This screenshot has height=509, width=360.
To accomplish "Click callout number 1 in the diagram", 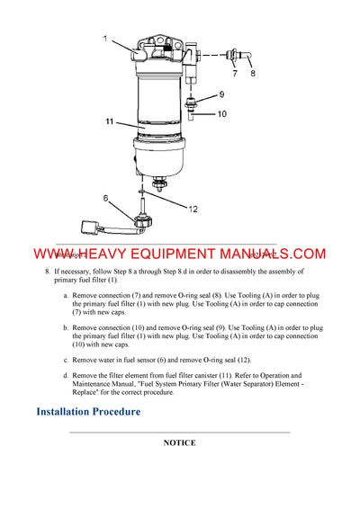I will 104,39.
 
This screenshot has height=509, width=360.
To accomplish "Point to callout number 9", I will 221,94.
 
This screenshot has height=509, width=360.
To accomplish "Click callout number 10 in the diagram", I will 222,114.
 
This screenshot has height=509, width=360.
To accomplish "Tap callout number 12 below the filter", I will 192,209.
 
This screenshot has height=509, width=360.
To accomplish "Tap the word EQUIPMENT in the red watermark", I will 170,254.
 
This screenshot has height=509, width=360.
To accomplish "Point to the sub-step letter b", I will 65,327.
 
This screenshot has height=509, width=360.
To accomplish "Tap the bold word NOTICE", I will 180,443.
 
